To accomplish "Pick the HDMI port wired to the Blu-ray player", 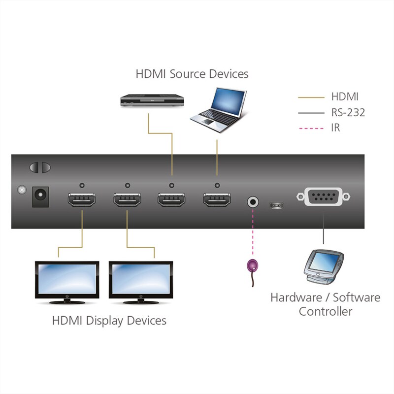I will (171, 200).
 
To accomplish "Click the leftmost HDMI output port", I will (81, 200).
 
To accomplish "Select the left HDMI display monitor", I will (66, 281).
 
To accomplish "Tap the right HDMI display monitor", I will (141, 281).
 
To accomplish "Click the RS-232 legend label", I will (348, 112).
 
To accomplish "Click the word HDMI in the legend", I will (345, 97).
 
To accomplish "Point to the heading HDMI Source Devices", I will (192, 74).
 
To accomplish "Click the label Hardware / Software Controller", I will (326, 304).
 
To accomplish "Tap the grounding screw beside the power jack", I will (21, 190).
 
